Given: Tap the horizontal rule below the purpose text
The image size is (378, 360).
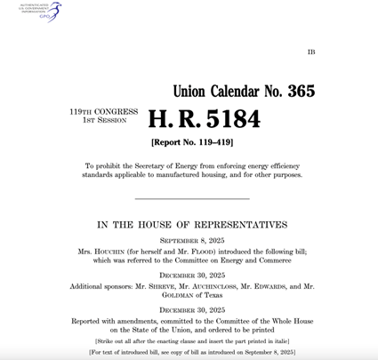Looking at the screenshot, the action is pyautogui.click(x=194, y=198).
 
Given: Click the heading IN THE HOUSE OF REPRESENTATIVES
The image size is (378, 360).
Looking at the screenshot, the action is pyautogui.click(x=193, y=225).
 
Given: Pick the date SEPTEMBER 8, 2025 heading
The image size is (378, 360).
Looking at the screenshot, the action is pyautogui.click(x=193, y=241).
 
